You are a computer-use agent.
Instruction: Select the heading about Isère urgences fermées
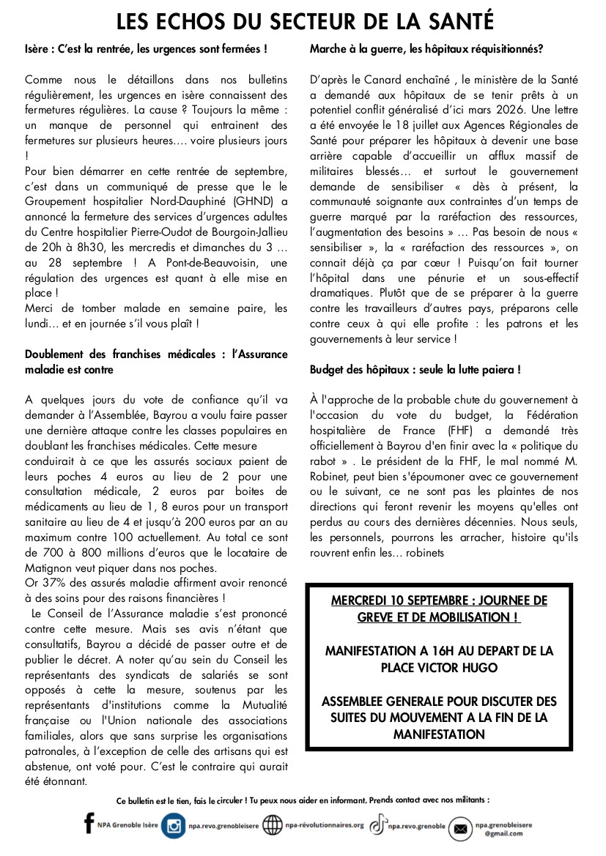tap(146, 50)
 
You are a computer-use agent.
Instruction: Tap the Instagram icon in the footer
tap(174, 826)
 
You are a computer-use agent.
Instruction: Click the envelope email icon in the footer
tap(460, 828)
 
